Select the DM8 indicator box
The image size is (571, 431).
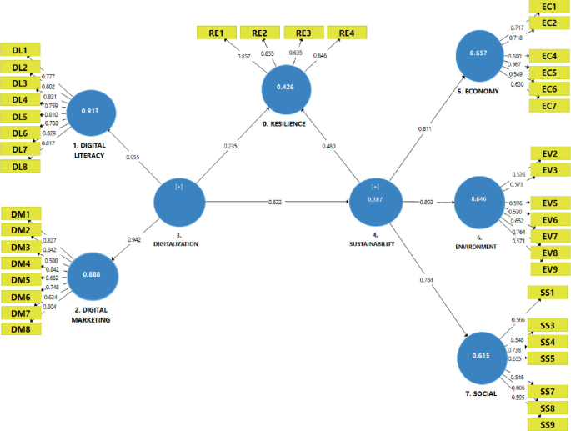pyautogui.click(x=21, y=330)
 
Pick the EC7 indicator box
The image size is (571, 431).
pyautogui.click(x=549, y=105)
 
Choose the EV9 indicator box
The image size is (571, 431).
pyautogui.click(x=549, y=269)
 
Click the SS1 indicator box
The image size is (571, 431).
pyautogui.click(x=549, y=293)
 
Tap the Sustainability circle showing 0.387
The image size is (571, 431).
pyautogui.click(x=375, y=201)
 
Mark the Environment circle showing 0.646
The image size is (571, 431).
pyautogui.click(x=479, y=202)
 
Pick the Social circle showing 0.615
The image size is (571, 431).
pyautogui.click(x=486, y=356)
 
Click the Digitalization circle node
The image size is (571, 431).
pyautogui.click(x=179, y=201)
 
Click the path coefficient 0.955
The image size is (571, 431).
pyautogui.click(x=132, y=157)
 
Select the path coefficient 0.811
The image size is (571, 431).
pyautogui.click(x=425, y=129)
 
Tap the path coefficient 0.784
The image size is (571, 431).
pyautogui.click(x=427, y=279)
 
